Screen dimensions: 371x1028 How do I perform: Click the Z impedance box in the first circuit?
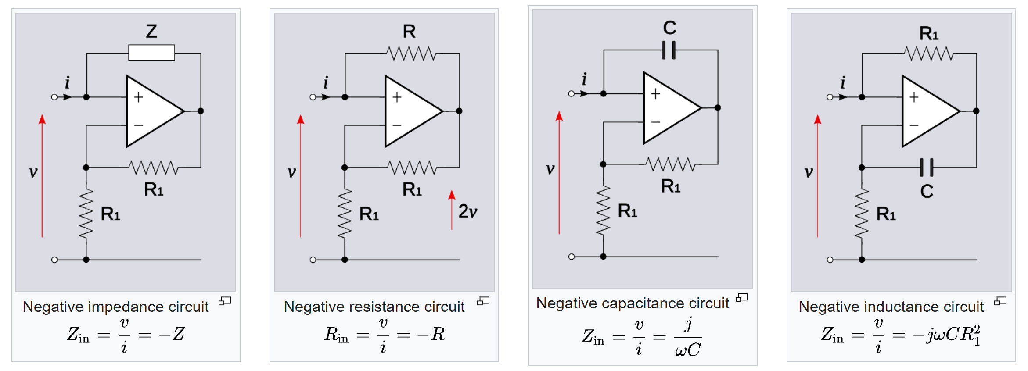(151, 53)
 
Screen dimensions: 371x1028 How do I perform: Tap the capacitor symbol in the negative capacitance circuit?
(669, 50)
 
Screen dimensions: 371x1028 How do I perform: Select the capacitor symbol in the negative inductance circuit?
(926, 167)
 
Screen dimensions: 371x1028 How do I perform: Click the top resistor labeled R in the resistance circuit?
(411, 54)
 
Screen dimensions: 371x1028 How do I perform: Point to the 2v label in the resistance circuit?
(467, 211)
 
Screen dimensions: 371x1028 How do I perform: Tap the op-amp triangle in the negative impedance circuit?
(151, 111)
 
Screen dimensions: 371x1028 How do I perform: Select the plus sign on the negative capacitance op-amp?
(655, 94)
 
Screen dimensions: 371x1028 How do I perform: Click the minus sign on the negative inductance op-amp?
(914, 125)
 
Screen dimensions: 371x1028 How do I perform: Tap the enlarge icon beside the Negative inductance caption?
(1000, 301)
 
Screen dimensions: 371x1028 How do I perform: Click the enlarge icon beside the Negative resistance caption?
(483, 301)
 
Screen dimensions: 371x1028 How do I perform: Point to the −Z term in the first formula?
(172, 334)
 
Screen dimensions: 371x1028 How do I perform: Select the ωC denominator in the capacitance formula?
(687, 350)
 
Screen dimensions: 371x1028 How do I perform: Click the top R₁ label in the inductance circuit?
(929, 33)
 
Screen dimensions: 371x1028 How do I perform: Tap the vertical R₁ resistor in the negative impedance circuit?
(86, 214)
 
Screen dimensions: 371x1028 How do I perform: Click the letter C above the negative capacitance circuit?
(669, 28)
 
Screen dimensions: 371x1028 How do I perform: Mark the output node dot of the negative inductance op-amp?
(976, 111)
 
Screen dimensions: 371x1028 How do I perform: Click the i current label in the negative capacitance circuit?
(584, 79)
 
